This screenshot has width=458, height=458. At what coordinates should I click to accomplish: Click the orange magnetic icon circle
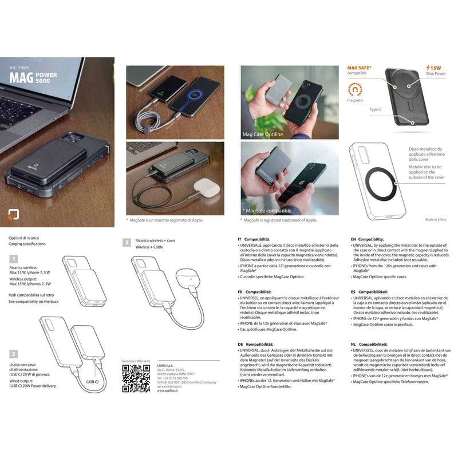pos(355,90)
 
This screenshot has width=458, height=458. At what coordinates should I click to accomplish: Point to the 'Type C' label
pos(376,109)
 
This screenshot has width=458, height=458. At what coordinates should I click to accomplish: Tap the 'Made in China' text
pos(436,219)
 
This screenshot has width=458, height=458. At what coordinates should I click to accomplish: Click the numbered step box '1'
pos(12,259)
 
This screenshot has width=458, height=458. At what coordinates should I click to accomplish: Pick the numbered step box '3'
pos(127,243)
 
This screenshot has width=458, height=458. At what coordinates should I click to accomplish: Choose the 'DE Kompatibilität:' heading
pos(256,344)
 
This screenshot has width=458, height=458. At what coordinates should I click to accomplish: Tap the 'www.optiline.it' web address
pos(169,391)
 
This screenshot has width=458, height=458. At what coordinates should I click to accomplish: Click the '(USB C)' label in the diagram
pos(93,381)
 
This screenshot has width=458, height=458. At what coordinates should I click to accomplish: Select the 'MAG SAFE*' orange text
pos(359,68)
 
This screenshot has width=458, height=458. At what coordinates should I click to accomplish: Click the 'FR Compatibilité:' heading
pos(255,291)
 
